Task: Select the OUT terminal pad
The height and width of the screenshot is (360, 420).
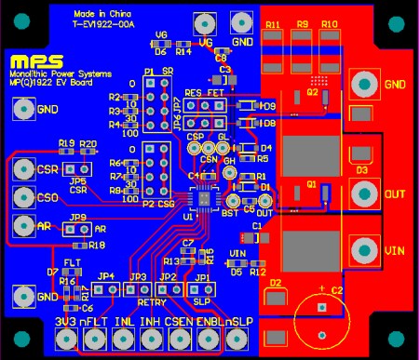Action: pyautogui.click(x=362, y=194)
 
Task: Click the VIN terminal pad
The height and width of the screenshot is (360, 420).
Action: pyautogui.click(x=362, y=250)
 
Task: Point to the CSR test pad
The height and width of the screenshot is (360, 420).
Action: pyautogui.click(x=22, y=170)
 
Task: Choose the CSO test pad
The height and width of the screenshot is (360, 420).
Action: pyautogui.click(x=22, y=196)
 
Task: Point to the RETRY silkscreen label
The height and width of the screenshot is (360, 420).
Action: pyautogui.click(x=151, y=301)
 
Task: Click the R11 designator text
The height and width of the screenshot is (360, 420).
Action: pyautogui.click(x=274, y=23)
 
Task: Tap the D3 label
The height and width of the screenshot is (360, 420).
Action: pyautogui.click(x=362, y=170)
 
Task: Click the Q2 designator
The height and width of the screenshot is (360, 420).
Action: pyautogui.click(x=312, y=93)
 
